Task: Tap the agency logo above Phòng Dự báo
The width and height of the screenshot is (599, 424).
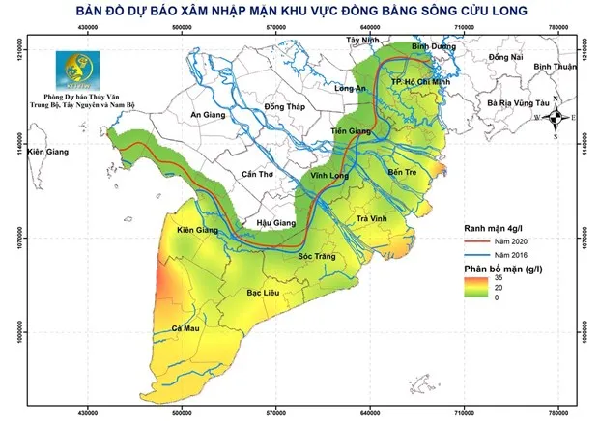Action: [x=74, y=70]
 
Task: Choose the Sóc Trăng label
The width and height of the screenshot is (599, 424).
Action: [x=317, y=257]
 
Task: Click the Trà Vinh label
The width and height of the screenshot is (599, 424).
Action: [x=372, y=220]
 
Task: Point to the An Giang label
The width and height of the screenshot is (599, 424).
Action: [x=209, y=115]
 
